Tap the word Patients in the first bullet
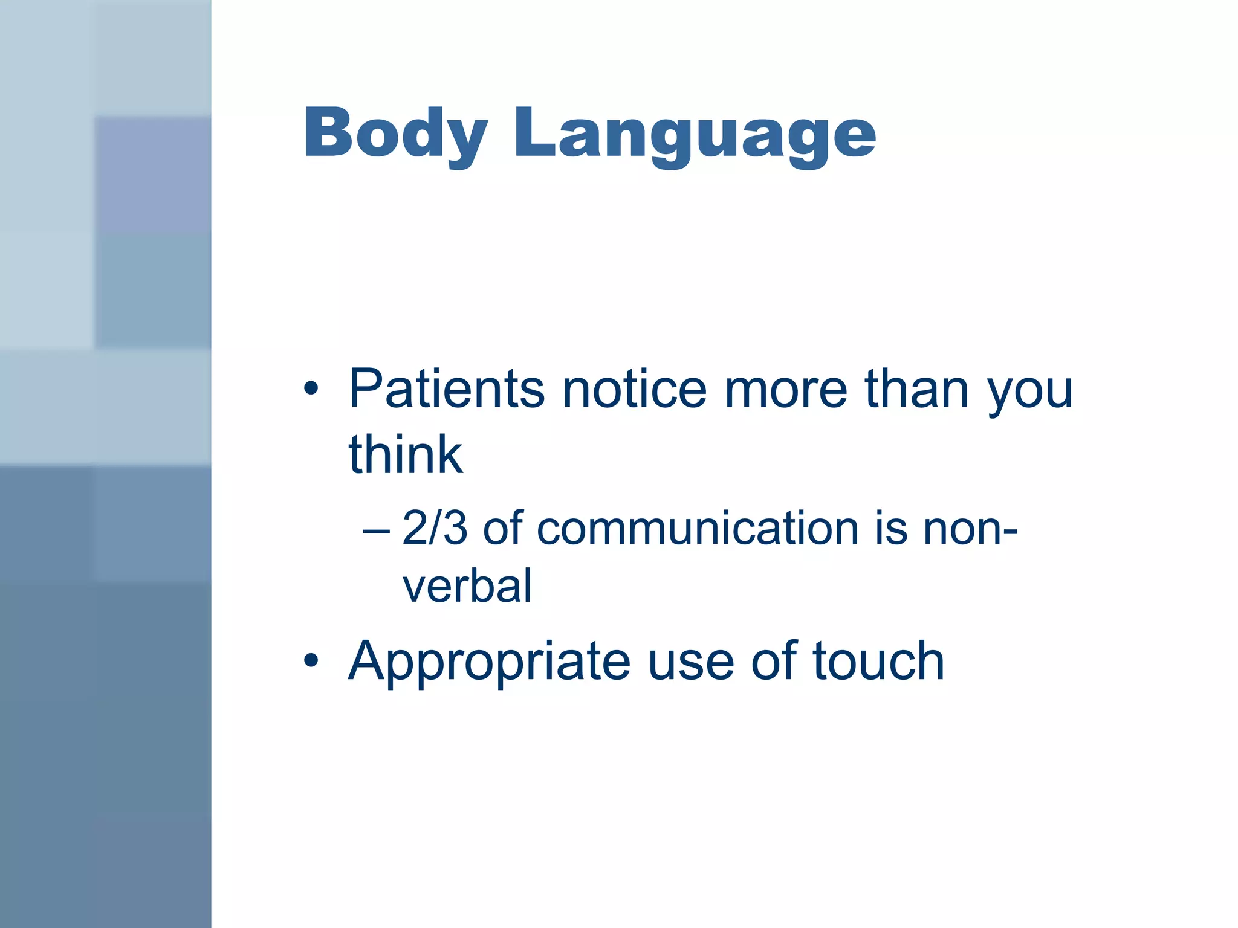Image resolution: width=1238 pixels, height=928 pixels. pos(447,390)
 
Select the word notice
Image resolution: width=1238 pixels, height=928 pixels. pos(634,390)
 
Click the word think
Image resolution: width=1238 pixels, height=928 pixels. pos(406,455)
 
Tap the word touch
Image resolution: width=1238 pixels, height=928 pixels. pos(878,662)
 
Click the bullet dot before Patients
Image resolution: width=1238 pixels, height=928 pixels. pos(311,388)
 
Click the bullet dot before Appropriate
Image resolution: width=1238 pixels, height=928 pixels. pos(311,660)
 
